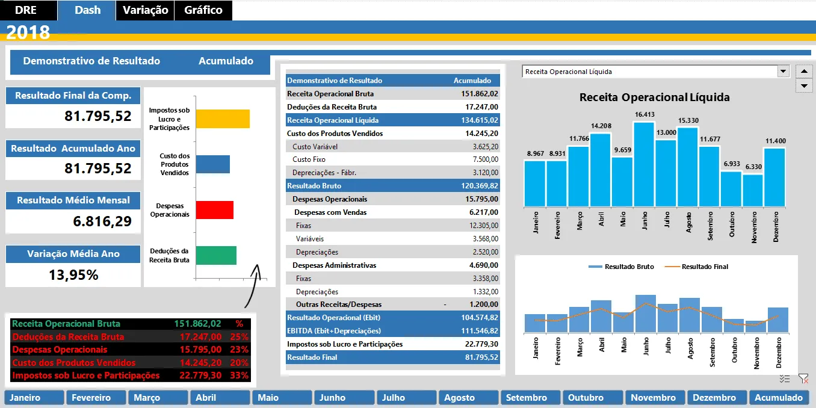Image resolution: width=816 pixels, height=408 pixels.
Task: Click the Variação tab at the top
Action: pos(146,10)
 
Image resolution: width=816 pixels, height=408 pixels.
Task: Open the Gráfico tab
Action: pos(203,10)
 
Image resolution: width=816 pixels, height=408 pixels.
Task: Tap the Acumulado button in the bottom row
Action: pos(779,397)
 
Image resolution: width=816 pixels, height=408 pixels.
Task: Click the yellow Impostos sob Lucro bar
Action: pos(223,119)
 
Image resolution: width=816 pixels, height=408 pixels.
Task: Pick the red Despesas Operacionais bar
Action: pos(215,210)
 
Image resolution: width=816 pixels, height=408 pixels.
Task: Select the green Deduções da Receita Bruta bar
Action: pos(216,255)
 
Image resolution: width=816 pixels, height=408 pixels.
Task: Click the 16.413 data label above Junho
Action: pos(644,114)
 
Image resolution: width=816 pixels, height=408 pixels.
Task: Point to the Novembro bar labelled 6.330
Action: pos(753,191)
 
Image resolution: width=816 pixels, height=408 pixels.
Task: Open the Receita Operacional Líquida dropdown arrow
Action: pos(783,72)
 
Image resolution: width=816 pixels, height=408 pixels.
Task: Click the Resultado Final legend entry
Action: pos(696,267)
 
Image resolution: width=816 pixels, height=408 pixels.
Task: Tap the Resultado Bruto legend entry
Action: pos(621,267)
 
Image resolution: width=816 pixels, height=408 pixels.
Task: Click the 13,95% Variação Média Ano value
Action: pos(73,275)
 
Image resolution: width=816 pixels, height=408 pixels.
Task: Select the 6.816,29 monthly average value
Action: pos(102,221)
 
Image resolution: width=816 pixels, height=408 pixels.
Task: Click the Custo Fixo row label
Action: pos(309,159)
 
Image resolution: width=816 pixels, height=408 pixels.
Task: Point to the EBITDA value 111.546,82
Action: pos(480,331)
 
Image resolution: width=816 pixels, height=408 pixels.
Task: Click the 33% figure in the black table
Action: pos(239,376)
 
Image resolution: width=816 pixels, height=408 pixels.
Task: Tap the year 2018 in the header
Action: pos(28,32)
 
